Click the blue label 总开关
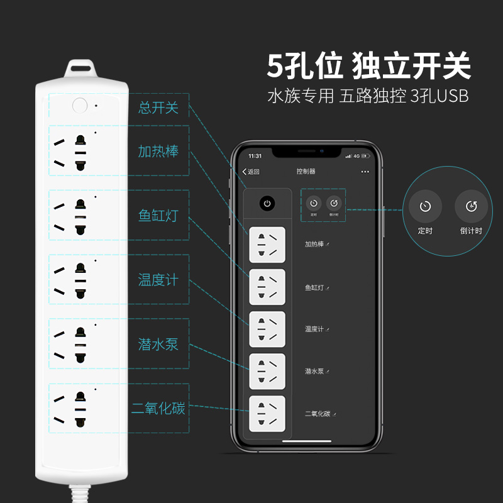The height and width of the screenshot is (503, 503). point(158,108)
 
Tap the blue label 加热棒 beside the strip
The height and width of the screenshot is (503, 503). point(158,152)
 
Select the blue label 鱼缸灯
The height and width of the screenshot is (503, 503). point(158,216)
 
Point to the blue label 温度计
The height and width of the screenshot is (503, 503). point(158,280)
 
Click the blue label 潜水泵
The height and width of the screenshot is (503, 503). point(158,344)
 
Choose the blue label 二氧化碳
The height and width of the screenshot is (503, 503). point(158,408)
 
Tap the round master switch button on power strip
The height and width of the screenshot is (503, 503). point(79,105)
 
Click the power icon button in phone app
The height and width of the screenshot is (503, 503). point(268,204)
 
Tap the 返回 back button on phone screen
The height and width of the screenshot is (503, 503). point(251,172)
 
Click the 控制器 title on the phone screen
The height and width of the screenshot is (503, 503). point(306,172)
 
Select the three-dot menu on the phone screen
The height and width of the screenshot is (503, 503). point(365,172)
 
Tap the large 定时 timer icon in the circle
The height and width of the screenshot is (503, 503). point(426,206)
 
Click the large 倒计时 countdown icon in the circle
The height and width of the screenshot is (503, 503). point(471,206)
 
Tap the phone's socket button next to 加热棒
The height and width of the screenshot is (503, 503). point(267,245)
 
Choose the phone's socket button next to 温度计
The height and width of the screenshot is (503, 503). point(267,329)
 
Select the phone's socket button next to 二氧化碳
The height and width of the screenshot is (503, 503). point(267,414)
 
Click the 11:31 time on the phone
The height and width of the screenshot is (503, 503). point(255,155)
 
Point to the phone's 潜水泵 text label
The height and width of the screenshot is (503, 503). point(314,372)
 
